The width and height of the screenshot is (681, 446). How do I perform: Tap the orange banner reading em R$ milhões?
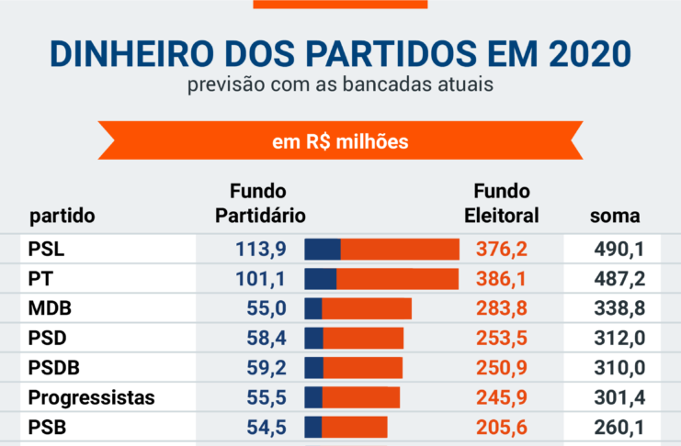click(x=340, y=142)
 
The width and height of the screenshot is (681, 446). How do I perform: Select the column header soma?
click(x=615, y=217)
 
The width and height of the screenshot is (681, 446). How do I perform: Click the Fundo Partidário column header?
click(x=259, y=204)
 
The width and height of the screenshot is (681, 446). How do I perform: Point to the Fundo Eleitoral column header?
click(x=501, y=204)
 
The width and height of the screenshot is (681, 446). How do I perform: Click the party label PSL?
click(x=47, y=249)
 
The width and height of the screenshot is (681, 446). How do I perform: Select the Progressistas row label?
click(x=91, y=397)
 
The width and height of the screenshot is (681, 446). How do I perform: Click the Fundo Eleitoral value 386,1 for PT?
click(x=501, y=278)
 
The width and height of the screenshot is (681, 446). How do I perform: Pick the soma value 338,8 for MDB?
click(x=616, y=308)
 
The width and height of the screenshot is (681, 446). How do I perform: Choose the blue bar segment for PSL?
click(x=323, y=249)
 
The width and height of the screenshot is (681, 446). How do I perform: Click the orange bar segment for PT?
click(x=397, y=278)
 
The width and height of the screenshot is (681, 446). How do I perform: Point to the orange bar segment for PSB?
click(x=354, y=428)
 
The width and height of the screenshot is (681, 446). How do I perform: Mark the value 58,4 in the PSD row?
click(x=267, y=338)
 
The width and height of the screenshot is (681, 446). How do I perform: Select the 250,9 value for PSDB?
click(x=501, y=368)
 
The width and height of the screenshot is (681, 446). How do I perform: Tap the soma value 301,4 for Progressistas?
click(x=616, y=397)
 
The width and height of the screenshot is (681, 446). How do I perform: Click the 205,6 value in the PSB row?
click(x=501, y=428)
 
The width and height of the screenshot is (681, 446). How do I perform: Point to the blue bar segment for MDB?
click(x=313, y=308)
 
